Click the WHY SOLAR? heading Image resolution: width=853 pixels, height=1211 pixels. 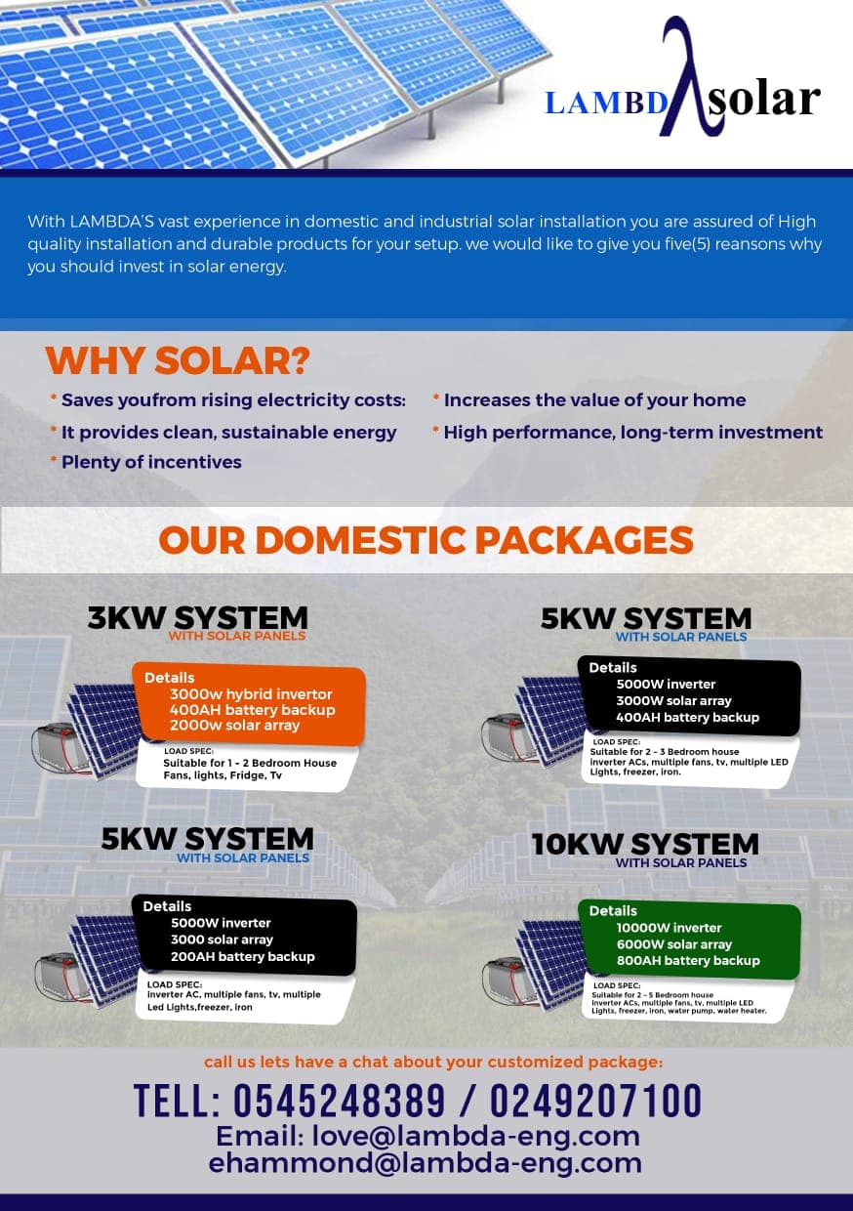177,361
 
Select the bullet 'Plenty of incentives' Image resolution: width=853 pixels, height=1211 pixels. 151,462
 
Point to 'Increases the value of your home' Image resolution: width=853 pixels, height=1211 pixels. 594,400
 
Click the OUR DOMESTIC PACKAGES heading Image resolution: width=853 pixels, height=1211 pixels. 426,540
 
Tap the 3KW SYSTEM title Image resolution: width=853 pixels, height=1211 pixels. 197,617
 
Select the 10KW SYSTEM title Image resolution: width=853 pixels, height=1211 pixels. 645,844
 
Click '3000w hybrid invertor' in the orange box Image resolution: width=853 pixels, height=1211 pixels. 251,694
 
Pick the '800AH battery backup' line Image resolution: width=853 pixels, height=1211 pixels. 687,961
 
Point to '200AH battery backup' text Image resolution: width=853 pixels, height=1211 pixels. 242,957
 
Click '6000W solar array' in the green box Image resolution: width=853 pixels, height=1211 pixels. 673,944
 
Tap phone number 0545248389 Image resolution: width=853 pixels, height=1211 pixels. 339,1102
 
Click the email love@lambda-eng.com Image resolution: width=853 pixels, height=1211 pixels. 427,1137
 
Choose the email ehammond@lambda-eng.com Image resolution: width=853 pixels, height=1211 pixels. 426,1163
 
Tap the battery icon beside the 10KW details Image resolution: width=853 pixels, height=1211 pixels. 508,980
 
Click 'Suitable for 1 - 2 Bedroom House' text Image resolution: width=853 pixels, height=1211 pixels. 250,763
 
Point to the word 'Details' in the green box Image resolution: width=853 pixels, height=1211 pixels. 613,911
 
